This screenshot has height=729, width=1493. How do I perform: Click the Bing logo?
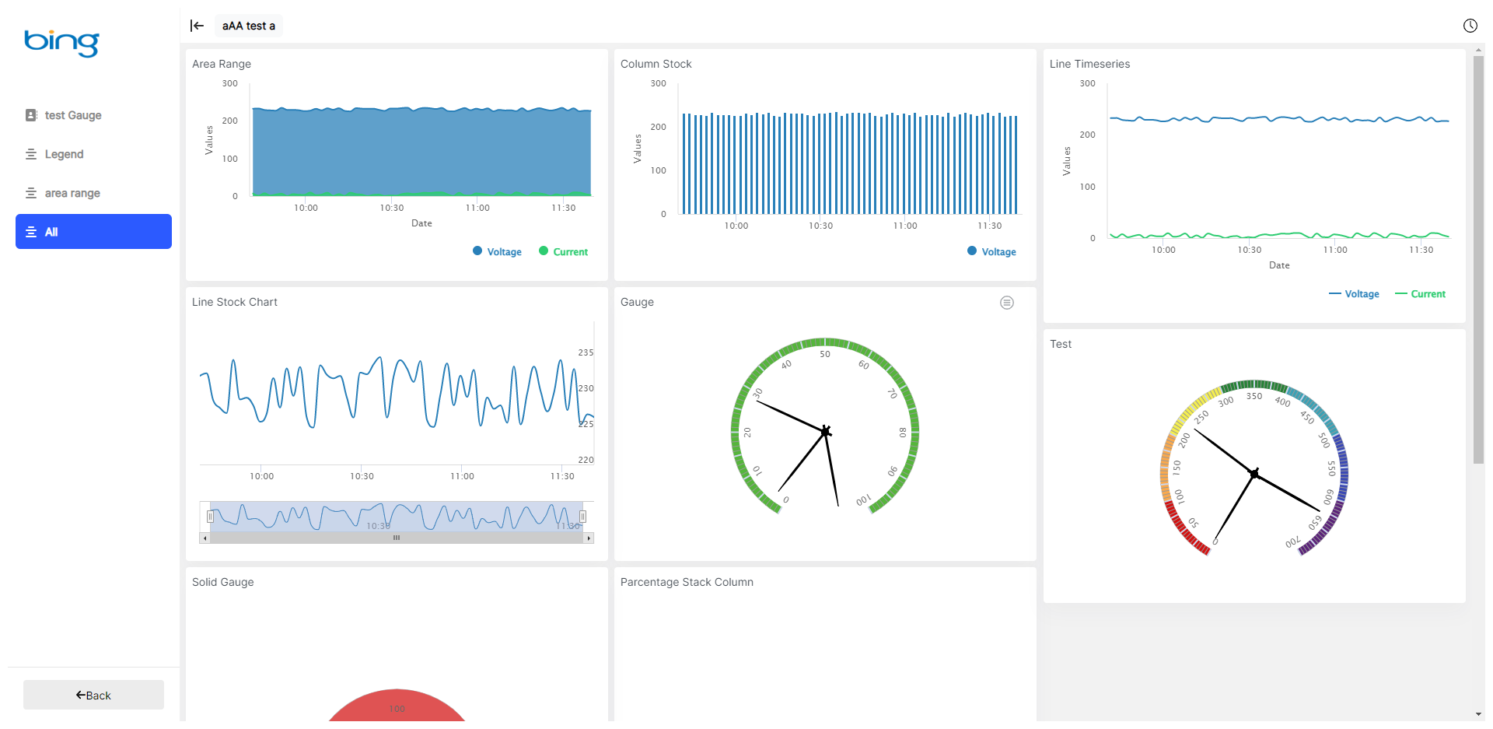click(61, 42)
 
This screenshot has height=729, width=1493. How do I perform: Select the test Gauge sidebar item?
click(73, 115)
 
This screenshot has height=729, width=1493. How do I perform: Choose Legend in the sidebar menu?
click(64, 154)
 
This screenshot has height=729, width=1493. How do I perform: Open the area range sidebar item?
click(72, 193)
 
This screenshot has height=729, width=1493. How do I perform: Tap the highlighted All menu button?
click(93, 232)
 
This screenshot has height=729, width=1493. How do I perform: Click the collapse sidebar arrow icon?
click(197, 26)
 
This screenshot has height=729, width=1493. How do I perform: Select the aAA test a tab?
click(249, 26)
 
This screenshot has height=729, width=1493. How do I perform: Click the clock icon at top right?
click(1470, 26)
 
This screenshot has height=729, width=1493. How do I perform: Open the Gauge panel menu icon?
click(1006, 303)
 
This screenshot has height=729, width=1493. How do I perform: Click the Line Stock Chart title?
click(235, 302)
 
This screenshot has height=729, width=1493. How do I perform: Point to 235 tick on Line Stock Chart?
click(586, 352)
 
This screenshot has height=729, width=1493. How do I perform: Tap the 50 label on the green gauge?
click(825, 354)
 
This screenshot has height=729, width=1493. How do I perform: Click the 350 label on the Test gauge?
click(1254, 396)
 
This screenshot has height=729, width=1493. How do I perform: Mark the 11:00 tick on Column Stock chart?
click(905, 226)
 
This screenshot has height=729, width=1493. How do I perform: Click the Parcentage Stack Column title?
click(687, 582)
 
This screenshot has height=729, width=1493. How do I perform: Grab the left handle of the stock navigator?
click(210, 517)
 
